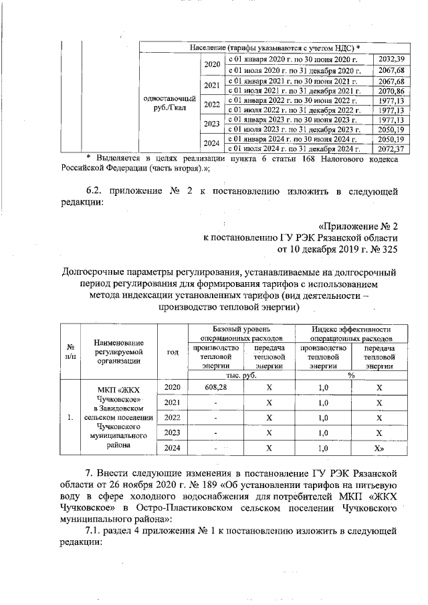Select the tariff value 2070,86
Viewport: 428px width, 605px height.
click(391, 90)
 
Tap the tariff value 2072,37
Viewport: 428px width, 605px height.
click(391, 148)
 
